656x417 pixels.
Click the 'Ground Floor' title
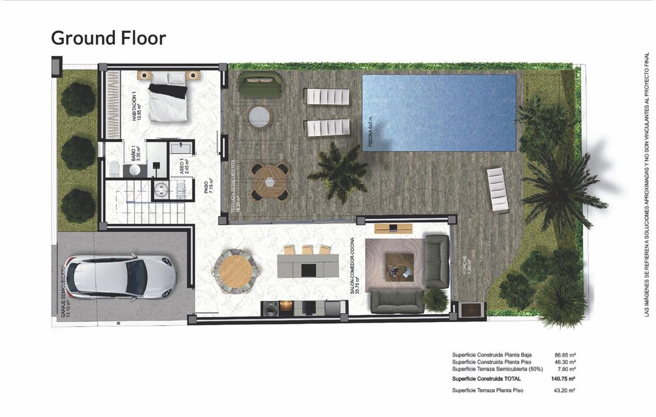point(108,38)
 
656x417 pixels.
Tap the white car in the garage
point(120,277)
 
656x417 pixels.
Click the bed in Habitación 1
point(168,97)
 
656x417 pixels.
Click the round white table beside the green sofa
point(259,116)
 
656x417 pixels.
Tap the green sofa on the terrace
point(260,85)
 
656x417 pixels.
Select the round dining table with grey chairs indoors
point(234,268)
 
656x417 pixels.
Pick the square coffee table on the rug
point(399,266)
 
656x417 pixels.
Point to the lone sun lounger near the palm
point(498,190)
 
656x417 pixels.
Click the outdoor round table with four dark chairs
point(270,181)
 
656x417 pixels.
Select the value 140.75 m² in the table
point(564,379)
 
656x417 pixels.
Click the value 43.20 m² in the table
point(565,390)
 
